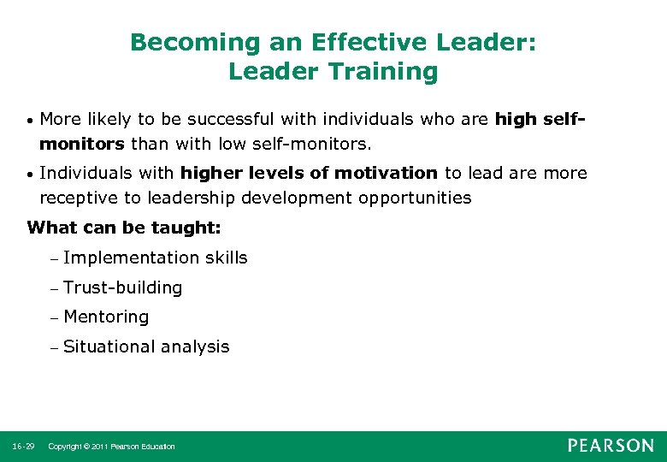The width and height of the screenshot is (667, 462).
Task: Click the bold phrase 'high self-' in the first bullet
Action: [x=540, y=118]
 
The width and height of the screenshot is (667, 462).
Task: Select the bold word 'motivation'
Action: [x=386, y=173]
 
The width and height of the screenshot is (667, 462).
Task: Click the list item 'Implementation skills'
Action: [x=155, y=258]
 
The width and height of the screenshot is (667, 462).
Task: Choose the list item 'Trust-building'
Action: [x=122, y=287]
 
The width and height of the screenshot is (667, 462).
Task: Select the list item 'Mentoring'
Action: [x=106, y=317]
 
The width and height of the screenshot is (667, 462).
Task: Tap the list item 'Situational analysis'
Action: [x=146, y=346]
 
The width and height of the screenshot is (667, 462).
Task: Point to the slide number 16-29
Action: [x=23, y=446]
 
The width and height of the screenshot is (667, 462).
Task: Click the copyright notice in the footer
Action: [x=111, y=446]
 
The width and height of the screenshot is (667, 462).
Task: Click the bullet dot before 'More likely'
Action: [x=29, y=120]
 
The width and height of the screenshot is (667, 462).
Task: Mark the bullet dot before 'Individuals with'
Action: [x=29, y=175]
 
